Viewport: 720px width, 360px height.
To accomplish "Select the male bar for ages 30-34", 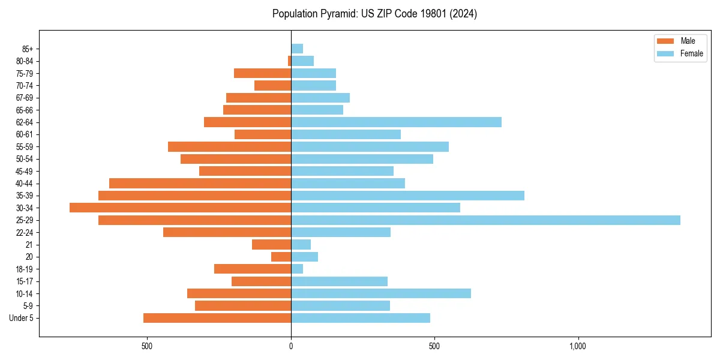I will [x=180, y=208].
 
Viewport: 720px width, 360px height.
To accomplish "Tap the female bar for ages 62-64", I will [x=396, y=122].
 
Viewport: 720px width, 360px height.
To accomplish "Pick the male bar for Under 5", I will [x=217, y=318].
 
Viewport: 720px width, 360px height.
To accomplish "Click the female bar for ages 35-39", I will [x=407, y=196].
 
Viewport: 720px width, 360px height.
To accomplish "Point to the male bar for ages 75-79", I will [x=262, y=73].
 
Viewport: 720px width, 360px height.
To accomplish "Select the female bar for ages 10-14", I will [x=380, y=293].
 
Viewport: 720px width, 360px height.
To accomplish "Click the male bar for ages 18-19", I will [x=253, y=269].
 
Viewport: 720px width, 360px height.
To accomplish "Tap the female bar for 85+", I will [x=297, y=49].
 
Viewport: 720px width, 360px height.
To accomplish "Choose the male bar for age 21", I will [x=271, y=244].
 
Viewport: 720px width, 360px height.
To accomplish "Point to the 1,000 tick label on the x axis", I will [x=578, y=346].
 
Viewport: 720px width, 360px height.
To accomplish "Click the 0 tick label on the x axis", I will [x=291, y=346].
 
